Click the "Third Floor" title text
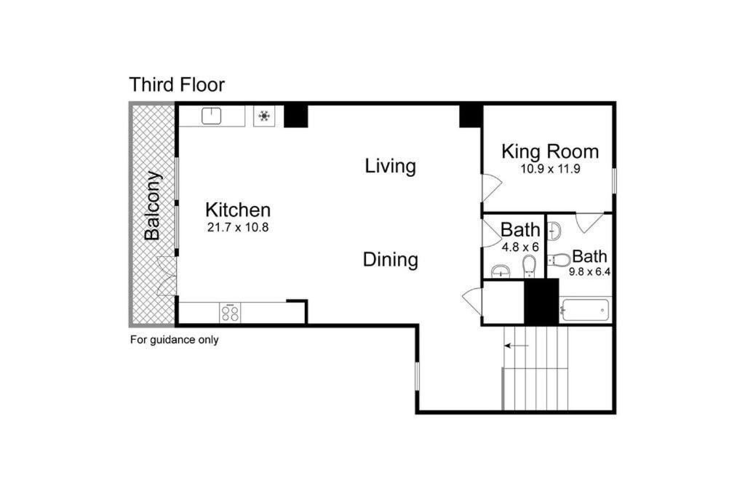pos(177,84)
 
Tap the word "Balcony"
pos(152,205)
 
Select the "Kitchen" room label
pos(238,210)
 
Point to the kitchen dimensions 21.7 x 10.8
pos(238,227)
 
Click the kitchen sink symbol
pos(212,116)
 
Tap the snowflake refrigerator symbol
pos(264,116)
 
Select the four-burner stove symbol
pos(231,313)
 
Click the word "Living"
pos(390,166)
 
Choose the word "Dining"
pos(390,259)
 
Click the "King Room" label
pos(550,151)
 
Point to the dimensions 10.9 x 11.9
pos(550,169)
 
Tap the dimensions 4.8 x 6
pos(519,247)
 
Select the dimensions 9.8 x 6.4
pos(589,273)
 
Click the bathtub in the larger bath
pos(585,311)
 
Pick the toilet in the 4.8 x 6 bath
pos(530,266)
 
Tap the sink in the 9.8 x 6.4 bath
pos(554,231)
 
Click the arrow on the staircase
pos(517,346)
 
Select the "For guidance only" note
pos(174,339)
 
